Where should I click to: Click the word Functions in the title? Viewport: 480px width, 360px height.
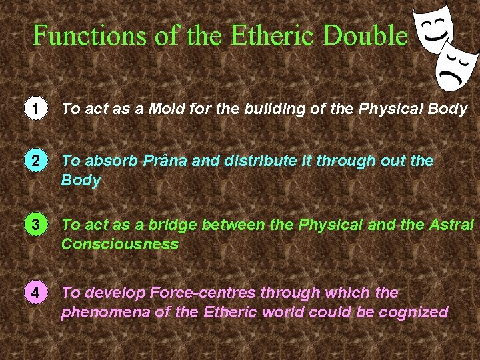coord(88,35)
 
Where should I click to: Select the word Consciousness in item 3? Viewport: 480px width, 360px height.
coord(120,244)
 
